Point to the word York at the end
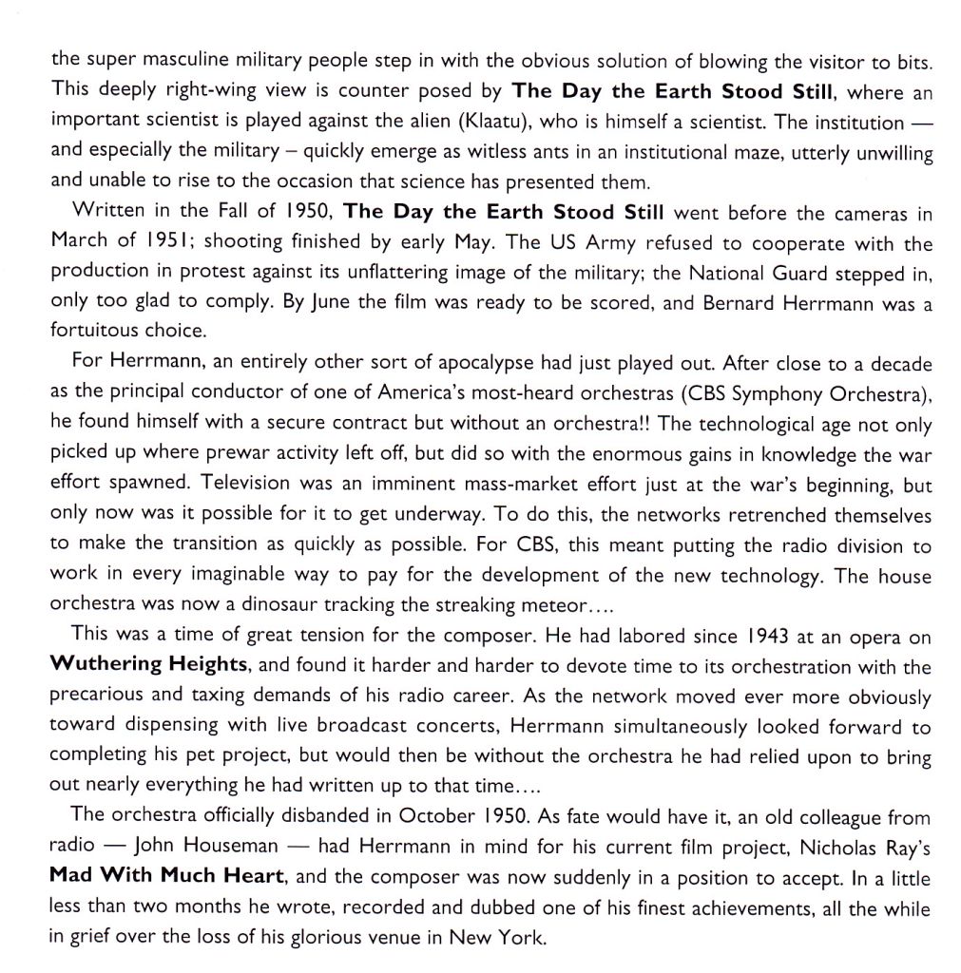coord(521,938)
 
